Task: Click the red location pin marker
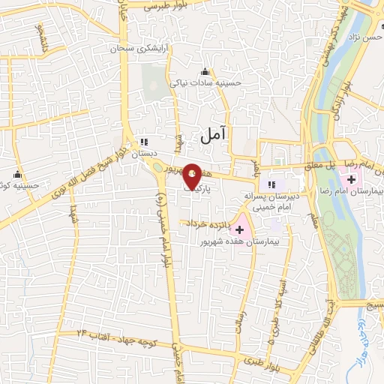[x=193, y=175]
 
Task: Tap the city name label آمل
[x=214, y=134]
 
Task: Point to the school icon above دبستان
[x=144, y=141]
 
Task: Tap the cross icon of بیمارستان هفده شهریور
[x=240, y=229]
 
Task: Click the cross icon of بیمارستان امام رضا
[x=351, y=179]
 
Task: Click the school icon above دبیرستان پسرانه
[x=272, y=184]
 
